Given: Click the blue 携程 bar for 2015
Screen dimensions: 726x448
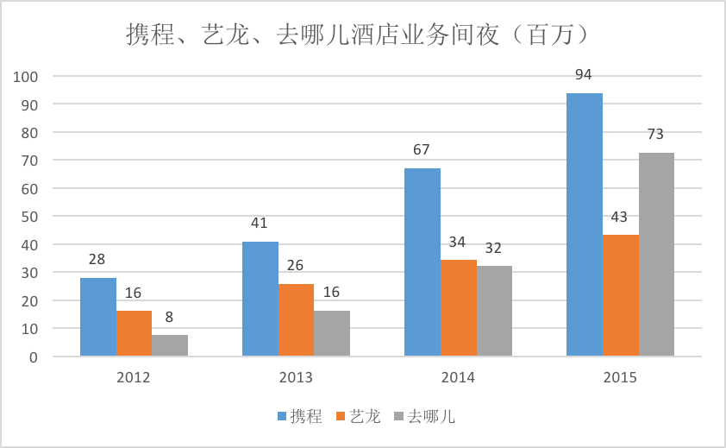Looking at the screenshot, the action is [585, 225].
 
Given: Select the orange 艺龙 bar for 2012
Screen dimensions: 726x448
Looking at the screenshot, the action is [134, 333].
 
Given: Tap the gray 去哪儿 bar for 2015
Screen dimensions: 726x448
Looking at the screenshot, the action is [656, 255].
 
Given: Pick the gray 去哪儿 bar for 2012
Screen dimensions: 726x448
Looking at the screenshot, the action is [170, 345].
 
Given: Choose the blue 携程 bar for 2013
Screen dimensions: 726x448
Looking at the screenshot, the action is [260, 299].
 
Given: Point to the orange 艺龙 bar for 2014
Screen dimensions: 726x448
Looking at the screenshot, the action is [459, 308].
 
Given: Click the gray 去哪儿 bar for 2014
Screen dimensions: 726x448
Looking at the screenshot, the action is [495, 312].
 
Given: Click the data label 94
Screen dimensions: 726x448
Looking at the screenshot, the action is [584, 74].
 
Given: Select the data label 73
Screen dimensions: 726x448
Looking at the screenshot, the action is [655, 134].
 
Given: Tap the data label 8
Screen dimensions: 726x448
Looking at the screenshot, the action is [169, 317].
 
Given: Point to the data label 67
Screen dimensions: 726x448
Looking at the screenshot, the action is [422, 150].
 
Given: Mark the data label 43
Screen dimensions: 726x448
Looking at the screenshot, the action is [619, 217].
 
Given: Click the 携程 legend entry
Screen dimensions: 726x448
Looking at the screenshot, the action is [299, 416].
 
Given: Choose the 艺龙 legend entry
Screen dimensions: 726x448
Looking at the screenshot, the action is [359, 416].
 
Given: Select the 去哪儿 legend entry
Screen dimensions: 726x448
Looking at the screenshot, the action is [424, 416].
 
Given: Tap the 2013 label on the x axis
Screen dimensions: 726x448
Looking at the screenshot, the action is [296, 377].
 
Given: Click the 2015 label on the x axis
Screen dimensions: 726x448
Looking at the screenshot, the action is [620, 377].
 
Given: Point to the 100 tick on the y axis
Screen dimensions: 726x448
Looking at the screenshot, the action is [26, 77].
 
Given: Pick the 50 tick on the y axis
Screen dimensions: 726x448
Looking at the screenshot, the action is [29, 217].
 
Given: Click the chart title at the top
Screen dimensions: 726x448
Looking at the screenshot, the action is [358, 35].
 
